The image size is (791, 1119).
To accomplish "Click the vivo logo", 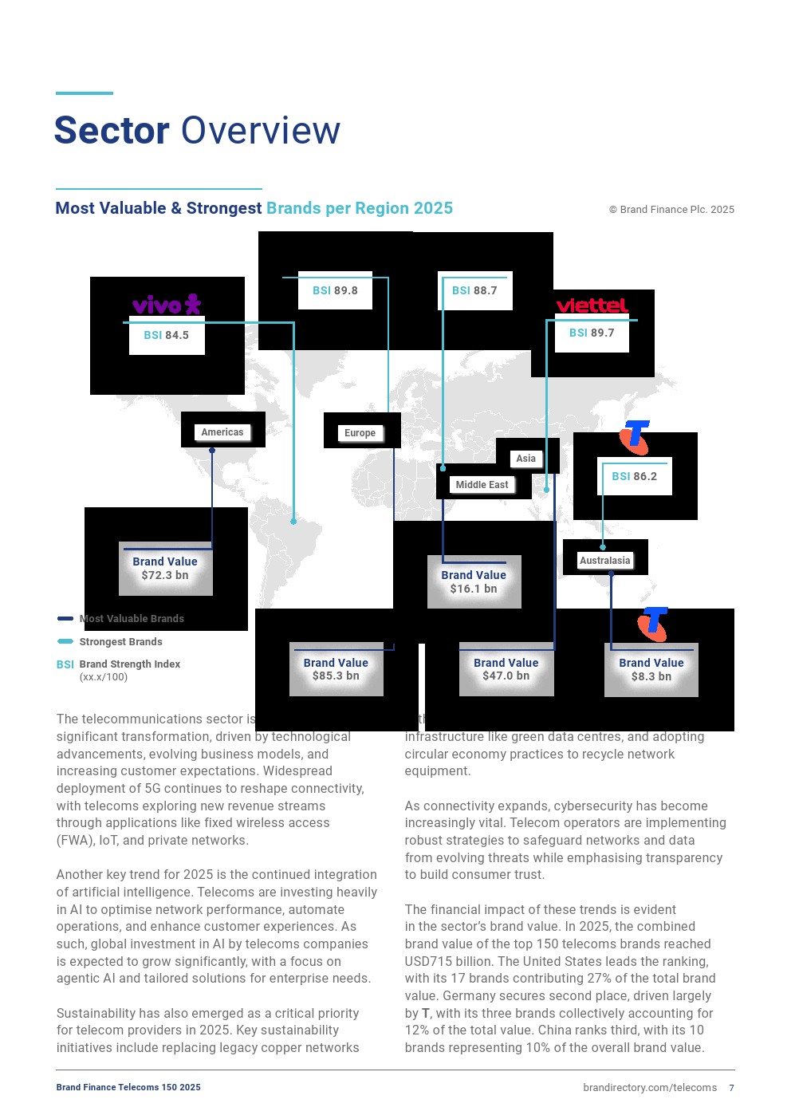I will click(167, 305).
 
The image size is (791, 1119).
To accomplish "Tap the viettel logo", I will click(592, 305).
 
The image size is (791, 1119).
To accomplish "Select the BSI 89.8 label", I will click(335, 290).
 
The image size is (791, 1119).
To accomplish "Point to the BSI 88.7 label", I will click(474, 290).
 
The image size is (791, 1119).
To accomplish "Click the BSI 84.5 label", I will click(167, 335).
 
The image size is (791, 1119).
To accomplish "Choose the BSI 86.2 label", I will click(635, 476).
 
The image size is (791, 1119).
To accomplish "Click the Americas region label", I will click(222, 432).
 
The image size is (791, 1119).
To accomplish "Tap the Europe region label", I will click(360, 433).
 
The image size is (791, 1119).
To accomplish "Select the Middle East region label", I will click(482, 485).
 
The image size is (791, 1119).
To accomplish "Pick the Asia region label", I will click(526, 459).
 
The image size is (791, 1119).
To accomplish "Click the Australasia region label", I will click(605, 561).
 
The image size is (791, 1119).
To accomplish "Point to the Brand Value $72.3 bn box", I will click(165, 569).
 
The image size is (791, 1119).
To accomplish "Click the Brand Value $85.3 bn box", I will click(336, 669).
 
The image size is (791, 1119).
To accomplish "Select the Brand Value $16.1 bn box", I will click(474, 581).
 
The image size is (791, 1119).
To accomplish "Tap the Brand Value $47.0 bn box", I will click(506, 669).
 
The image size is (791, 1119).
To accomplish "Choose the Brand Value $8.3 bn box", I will click(651, 669).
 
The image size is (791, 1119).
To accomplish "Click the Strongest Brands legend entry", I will click(120, 642).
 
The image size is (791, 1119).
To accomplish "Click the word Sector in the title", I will click(112, 131).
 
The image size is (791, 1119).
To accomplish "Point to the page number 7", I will click(731, 1088).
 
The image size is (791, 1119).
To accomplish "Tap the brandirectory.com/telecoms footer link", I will click(650, 1088).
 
